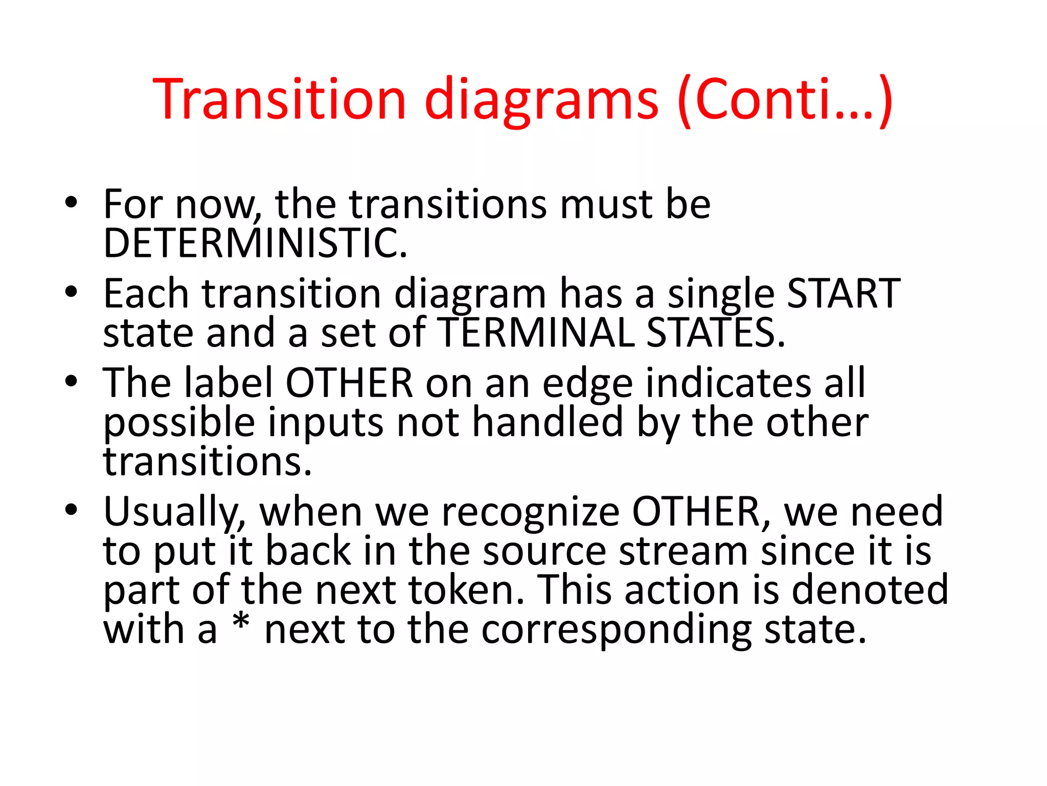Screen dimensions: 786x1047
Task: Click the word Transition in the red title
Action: point(279,99)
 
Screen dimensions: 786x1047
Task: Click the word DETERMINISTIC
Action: point(255,244)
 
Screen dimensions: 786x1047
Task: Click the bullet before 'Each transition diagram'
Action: point(71,292)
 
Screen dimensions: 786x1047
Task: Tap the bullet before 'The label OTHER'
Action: point(71,382)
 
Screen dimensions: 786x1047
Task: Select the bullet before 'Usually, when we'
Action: point(71,510)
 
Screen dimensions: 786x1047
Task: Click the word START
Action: point(844,294)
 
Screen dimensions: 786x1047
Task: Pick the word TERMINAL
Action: point(537,333)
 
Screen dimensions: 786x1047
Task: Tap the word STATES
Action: point(716,333)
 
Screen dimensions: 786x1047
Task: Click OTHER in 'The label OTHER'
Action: point(349,383)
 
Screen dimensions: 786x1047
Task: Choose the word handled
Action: point(548,423)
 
